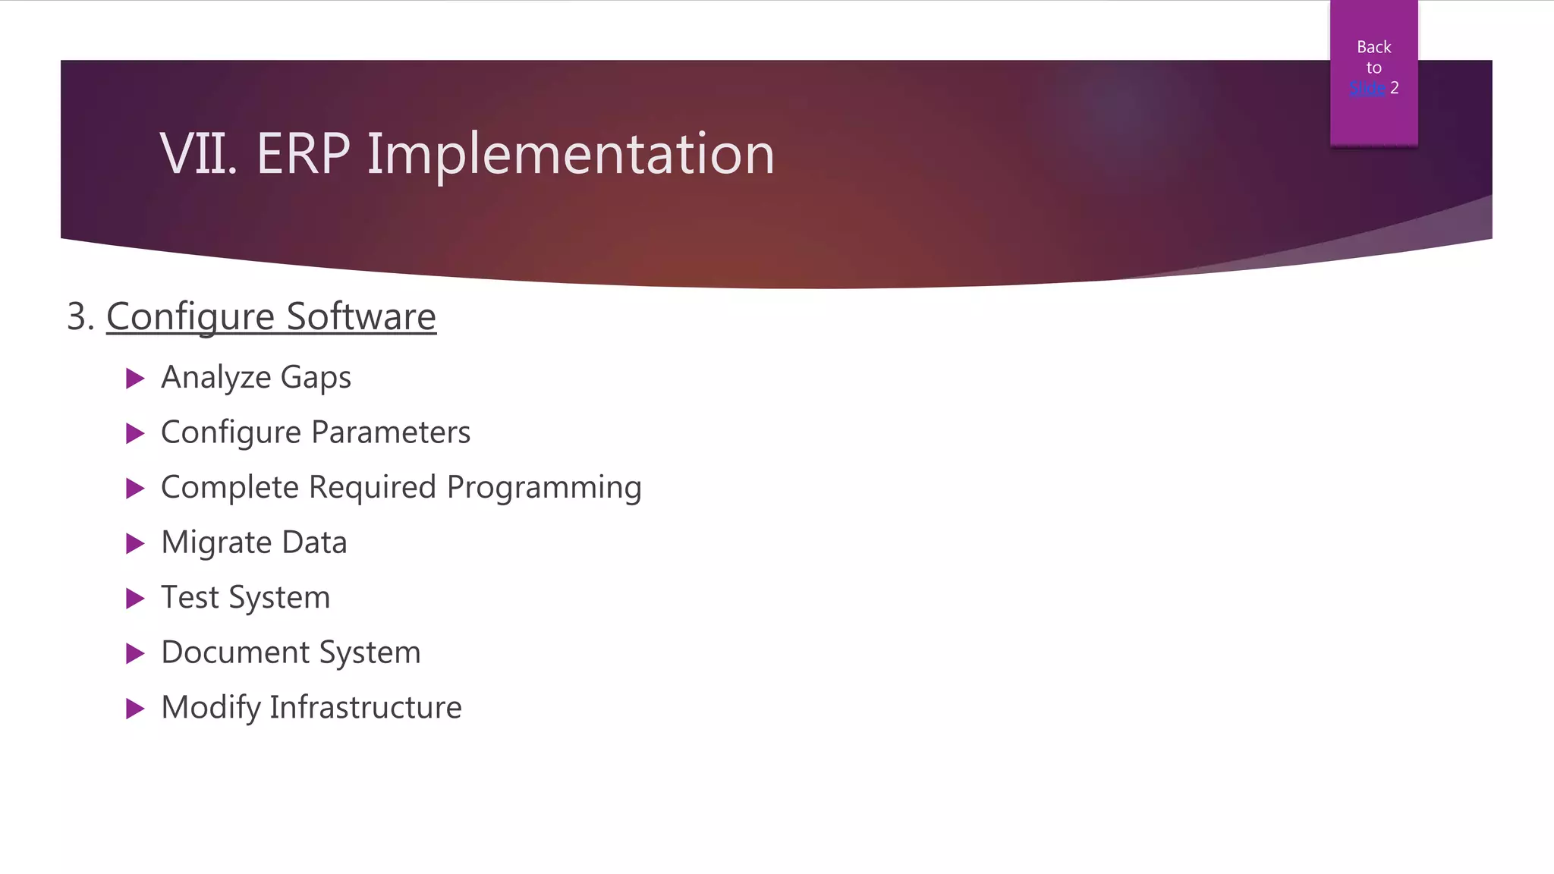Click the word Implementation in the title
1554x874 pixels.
571,154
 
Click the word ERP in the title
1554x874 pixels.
303,154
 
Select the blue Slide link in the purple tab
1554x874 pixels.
1367,88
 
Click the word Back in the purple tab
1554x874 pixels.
1373,47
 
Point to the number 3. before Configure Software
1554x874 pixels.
80,316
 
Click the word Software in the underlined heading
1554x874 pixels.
361,316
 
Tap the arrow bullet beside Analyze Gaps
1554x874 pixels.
135,378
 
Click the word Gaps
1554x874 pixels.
316,378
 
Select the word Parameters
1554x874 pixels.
391,432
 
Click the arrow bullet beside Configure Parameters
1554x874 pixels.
135,433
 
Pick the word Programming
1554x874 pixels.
544,488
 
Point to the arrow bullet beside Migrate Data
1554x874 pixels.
135,543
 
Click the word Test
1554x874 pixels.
190,598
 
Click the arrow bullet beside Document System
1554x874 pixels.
135,653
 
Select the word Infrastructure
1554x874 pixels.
366,707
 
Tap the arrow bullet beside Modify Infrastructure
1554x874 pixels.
135,709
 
